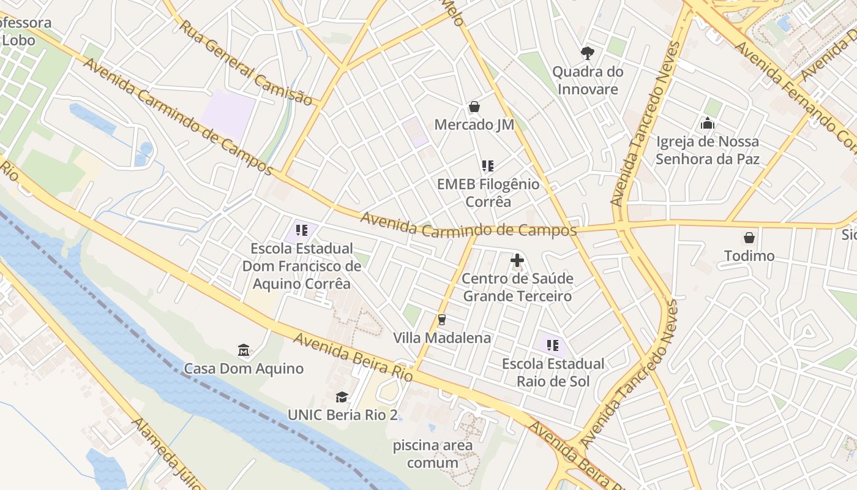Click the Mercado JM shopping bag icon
coord(474,107)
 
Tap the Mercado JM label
coord(474,125)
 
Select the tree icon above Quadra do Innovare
coord(588,53)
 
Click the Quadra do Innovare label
coord(588,80)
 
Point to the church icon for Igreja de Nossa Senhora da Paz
coord(707,124)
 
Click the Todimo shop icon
coord(749,238)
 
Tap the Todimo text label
coord(749,256)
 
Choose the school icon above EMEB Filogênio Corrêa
coord(487,166)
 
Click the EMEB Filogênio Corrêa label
coord(488,193)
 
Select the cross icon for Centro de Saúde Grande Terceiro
coord(517,260)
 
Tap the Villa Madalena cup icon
coord(441,320)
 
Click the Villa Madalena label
coord(441,338)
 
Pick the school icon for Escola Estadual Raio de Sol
coord(553,345)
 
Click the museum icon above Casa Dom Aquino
coord(244,351)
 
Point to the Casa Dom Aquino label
coord(244,369)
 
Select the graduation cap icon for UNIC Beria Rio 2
coord(342,397)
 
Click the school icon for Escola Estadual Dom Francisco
coord(301,230)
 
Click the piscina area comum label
coord(433,454)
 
